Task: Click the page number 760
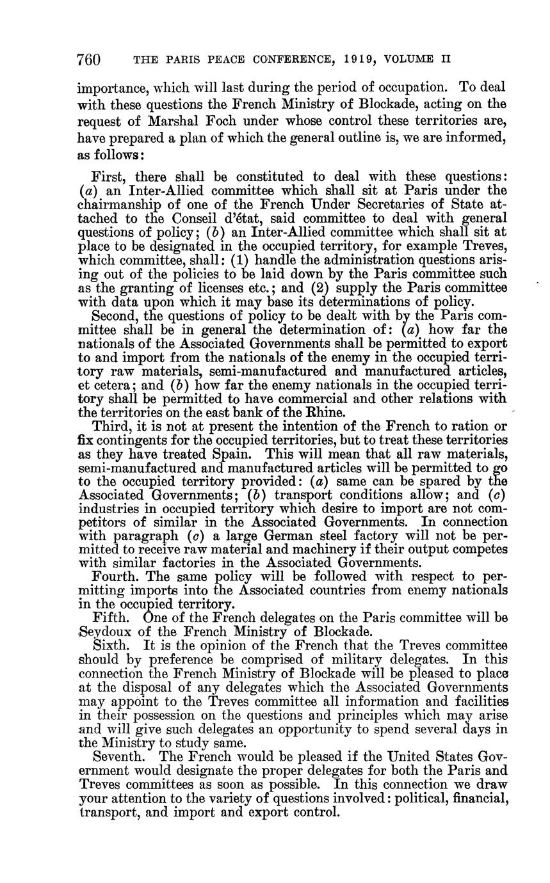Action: click(x=89, y=60)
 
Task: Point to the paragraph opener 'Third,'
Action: click(x=111, y=426)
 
